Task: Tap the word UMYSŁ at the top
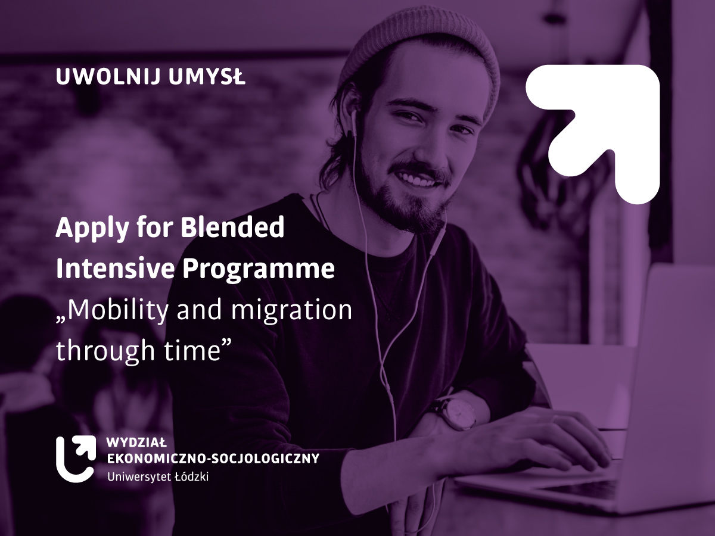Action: coord(207,77)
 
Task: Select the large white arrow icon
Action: coord(592,134)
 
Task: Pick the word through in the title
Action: coord(105,351)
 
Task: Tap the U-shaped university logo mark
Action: coord(76,459)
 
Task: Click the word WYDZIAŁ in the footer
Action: coord(136,443)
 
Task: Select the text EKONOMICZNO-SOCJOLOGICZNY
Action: coord(213,458)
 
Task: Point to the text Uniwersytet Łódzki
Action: coord(158,477)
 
